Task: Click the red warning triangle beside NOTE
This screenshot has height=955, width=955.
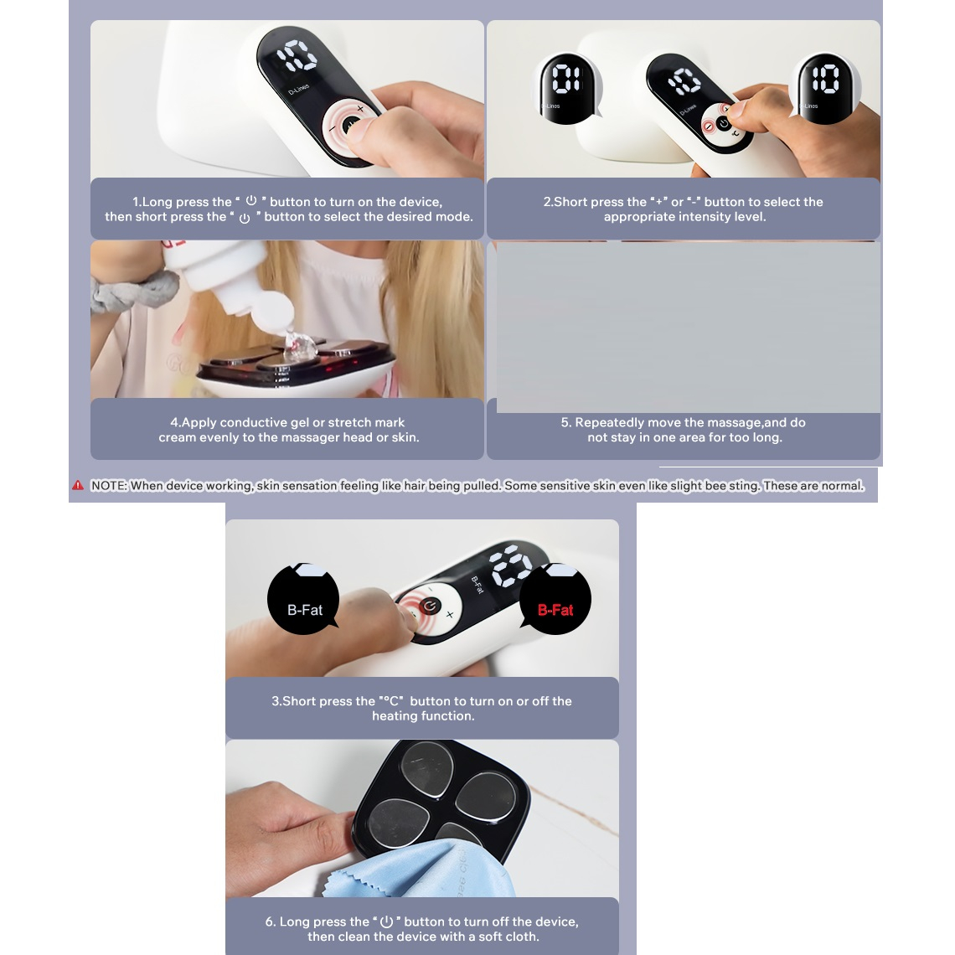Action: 78,485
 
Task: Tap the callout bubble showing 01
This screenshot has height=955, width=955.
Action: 567,88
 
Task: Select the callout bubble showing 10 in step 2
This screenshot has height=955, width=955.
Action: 824,88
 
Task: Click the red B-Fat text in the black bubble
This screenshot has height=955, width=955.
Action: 555,610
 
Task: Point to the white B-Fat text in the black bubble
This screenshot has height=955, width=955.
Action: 305,610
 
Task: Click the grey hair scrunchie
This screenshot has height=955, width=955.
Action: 131,292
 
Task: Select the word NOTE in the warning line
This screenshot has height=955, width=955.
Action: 108,485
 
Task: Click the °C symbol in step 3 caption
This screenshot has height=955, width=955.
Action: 390,701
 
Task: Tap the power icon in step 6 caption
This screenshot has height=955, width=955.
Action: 386,921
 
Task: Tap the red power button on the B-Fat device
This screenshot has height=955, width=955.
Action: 430,606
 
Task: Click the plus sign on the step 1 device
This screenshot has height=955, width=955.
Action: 360,108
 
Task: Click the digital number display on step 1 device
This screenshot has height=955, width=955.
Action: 297,55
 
